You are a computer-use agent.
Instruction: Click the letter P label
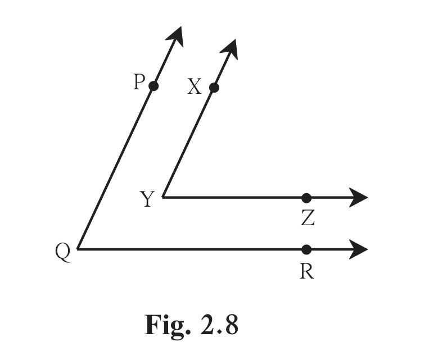point(139,82)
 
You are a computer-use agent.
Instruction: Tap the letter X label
point(194,86)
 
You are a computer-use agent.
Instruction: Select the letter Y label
point(147,199)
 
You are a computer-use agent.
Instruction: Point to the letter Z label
point(308,218)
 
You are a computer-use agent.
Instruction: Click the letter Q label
point(63,252)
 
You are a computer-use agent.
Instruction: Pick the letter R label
point(307,272)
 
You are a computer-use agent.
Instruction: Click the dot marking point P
point(153,86)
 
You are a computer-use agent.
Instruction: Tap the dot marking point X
point(214,88)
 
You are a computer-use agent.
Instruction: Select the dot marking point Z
point(306,198)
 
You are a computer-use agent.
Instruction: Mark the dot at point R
point(306,249)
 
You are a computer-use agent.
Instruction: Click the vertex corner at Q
point(78,249)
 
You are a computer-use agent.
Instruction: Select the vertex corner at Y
point(163,197)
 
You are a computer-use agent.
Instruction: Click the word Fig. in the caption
point(167,325)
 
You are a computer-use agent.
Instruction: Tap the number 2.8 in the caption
point(219,325)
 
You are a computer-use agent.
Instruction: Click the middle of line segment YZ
point(235,197)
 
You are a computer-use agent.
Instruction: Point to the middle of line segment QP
point(116,167)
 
